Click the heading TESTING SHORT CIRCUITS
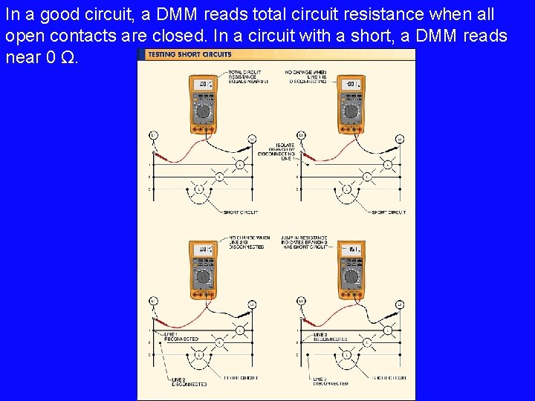pyautogui.click(x=189, y=54)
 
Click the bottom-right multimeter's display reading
pyautogui.click(x=350, y=250)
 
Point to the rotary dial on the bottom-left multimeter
pyautogui.click(x=202, y=278)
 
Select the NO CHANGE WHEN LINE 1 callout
pyautogui.click(x=305, y=76)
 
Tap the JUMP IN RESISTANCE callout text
pyautogui.click(x=305, y=242)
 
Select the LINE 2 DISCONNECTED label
pyautogui.click(x=179, y=382)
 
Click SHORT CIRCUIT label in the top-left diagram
pyautogui.click(x=241, y=212)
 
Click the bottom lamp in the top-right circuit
pyautogui.click(x=346, y=189)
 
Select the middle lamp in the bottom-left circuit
pyautogui.click(x=219, y=342)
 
